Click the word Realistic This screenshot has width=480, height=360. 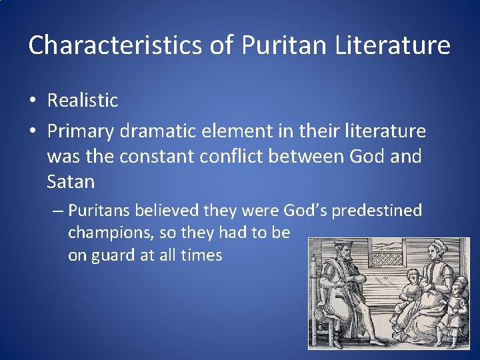click(82, 101)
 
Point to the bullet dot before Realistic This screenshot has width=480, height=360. click(33, 101)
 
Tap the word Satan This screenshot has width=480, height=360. click(71, 181)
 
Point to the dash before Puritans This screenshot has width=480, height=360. click(57, 211)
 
